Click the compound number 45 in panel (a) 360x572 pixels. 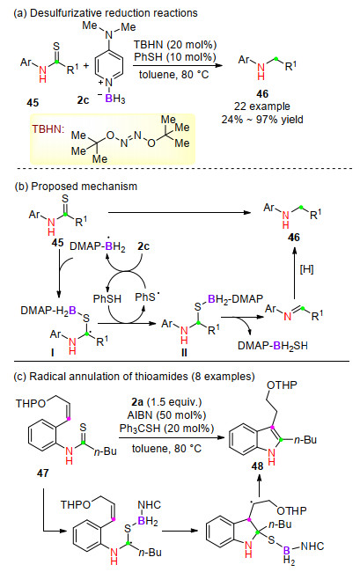[x=33, y=102]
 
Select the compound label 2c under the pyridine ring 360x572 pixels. [x=83, y=99]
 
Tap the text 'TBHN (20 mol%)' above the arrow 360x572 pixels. [x=175, y=45]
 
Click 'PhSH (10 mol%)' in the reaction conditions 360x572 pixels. [x=175, y=57]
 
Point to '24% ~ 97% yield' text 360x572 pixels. [x=262, y=120]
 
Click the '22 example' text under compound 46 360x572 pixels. [x=262, y=106]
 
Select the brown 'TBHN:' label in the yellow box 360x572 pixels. [x=48, y=129]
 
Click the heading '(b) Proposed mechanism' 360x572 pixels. [x=76, y=186]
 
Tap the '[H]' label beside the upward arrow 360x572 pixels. [x=306, y=269]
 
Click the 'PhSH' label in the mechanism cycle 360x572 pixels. [x=107, y=299]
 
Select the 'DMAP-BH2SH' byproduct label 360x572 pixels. [x=273, y=345]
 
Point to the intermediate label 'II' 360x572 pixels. [x=184, y=353]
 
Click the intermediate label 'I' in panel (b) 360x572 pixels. [x=53, y=352]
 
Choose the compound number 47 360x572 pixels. [x=42, y=473]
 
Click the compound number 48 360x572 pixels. [x=257, y=466]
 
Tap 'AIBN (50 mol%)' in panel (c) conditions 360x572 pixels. [x=166, y=414]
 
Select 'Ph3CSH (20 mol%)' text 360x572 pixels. [x=166, y=428]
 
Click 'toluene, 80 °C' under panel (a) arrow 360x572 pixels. [x=174, y=75]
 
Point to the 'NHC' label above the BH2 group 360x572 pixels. [x=149, y=504]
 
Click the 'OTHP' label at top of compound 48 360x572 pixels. [x=282, y=385]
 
